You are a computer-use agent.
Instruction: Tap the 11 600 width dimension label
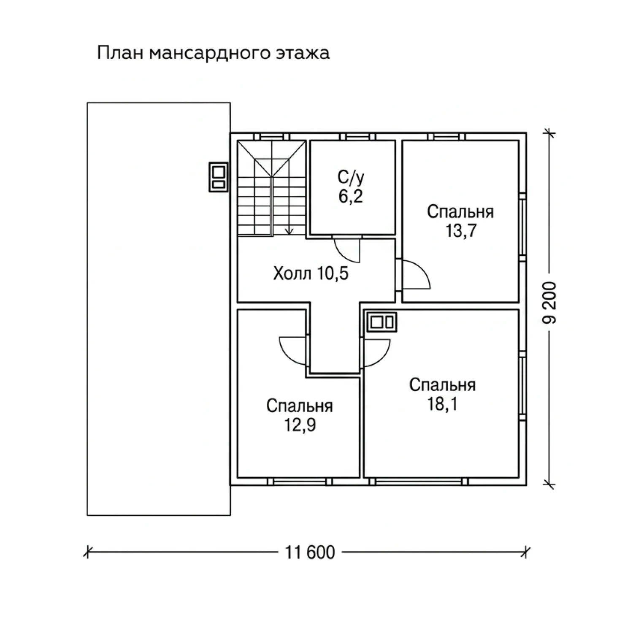pyautogui.click(x=310, y=552)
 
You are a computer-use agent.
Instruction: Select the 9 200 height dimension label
pyautogui.click(x=549, y=303)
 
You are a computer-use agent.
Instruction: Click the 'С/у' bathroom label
pyautogui.click(x=351, y=178)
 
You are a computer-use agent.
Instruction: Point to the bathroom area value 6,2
pyautogui.click(x=351, y=197)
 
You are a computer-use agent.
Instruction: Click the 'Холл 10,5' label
pyautogui.click(x=311, y=274)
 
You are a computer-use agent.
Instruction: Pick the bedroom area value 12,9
pyautogui.click(x=300, y=425)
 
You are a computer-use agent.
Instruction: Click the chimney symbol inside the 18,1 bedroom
pyautogui.click(x=382, y=323)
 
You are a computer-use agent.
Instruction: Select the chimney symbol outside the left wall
pyautogui.click(x=219, y=177)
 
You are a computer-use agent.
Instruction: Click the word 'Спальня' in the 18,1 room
pyautogui.click(x=442, y=385)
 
